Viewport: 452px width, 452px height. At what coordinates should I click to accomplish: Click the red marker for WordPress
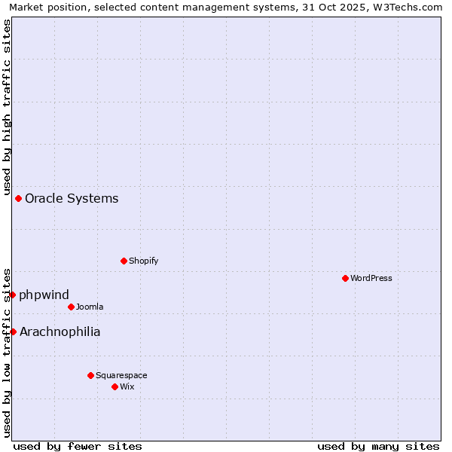coord(345,278)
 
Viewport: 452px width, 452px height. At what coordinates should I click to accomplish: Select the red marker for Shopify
coord(124,261)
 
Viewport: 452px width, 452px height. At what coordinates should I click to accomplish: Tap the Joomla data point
coord(71,307)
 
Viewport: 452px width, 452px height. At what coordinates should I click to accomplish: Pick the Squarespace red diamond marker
coord(90,375)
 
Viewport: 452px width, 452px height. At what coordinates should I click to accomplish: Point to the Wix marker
coord(115,386)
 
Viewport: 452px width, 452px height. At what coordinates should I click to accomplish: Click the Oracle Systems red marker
coord(18,198)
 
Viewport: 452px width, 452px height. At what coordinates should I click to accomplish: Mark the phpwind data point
coord(12,295)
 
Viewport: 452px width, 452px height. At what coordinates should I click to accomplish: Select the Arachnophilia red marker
coord(13,331)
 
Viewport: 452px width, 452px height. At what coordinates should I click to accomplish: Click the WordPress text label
coord(371,278)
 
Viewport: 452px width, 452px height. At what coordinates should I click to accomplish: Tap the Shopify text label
coord(143,261)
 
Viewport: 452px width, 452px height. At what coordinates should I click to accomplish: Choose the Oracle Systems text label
coord(72,199)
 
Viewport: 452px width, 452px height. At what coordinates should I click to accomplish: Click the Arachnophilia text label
coord(60,332)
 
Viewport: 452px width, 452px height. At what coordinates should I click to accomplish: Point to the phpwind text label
coord(44,295)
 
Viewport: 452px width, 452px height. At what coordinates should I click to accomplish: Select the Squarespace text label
coord(121,375)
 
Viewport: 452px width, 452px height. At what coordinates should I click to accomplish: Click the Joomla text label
coord(90,307)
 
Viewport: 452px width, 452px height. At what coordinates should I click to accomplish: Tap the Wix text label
coord(127,386)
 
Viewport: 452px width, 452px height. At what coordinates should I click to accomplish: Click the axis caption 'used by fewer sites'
coord(78,446)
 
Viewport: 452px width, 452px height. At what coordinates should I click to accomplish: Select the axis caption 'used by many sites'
coord(378,446)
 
